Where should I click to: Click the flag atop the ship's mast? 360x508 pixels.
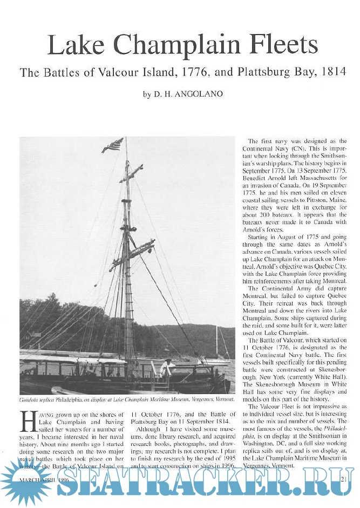(x=113, y=145)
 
